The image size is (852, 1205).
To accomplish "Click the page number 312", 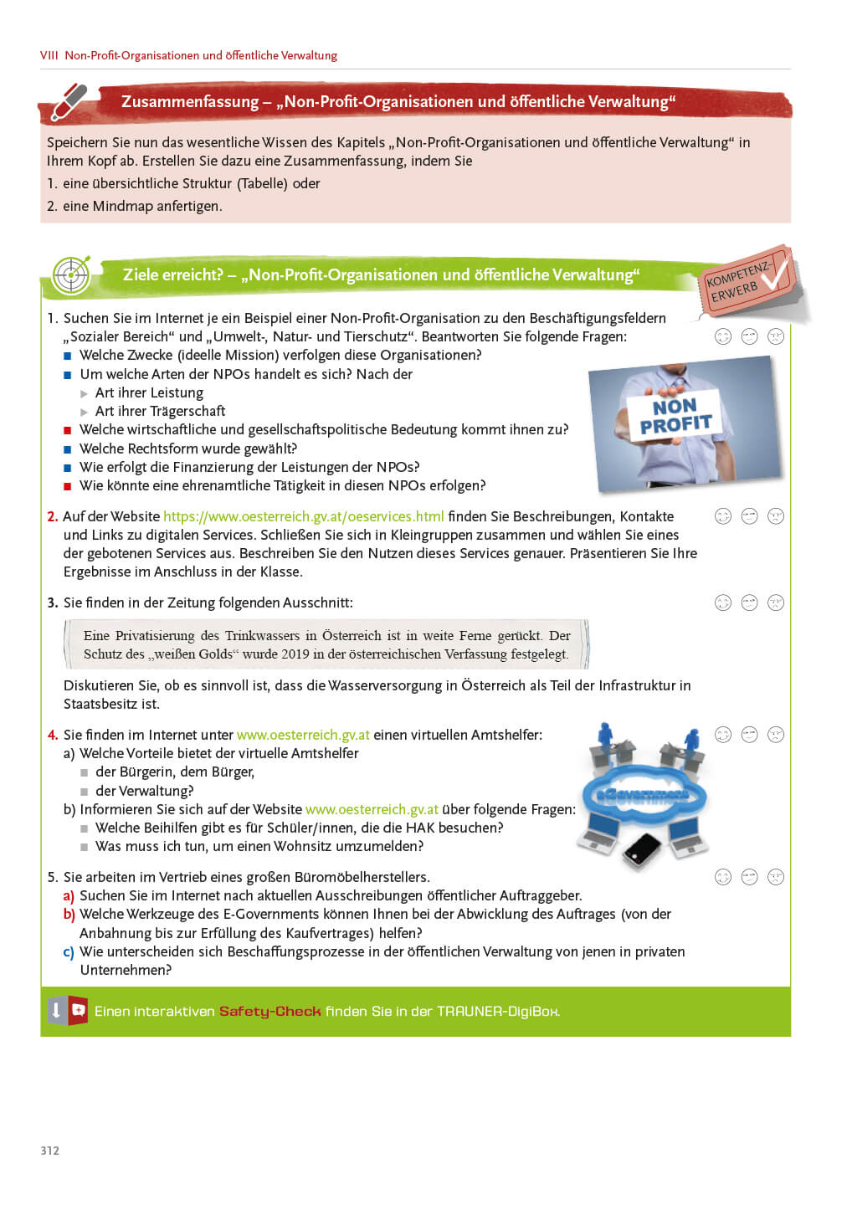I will [x=49, y=1151].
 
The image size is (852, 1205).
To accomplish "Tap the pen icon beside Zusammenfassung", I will [x=69, y=102].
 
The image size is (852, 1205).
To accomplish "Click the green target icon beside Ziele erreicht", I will [x=71, y=274].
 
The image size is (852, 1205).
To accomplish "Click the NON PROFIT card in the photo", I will [x=675, y=415].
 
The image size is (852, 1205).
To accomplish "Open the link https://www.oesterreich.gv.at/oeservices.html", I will [x=304, y=516].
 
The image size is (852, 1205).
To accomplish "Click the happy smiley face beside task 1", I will [x=723, y=336].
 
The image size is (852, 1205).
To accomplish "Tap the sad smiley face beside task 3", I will [x=776, y=602].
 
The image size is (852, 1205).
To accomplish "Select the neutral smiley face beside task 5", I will [x=749, y=877].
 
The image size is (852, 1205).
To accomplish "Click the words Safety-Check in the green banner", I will [x=269, y=1011].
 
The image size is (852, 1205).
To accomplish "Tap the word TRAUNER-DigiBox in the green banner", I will [x=497, y=1011].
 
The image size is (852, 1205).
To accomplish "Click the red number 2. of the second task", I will [x=52, y=516].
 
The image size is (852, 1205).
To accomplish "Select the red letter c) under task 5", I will [x=69, y=951].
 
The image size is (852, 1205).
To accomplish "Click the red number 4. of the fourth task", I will [x=52, y=735].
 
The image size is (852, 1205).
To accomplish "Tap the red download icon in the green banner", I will [x=79, y=1010].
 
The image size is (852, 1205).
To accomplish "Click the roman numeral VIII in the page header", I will [x=49, y=55].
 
